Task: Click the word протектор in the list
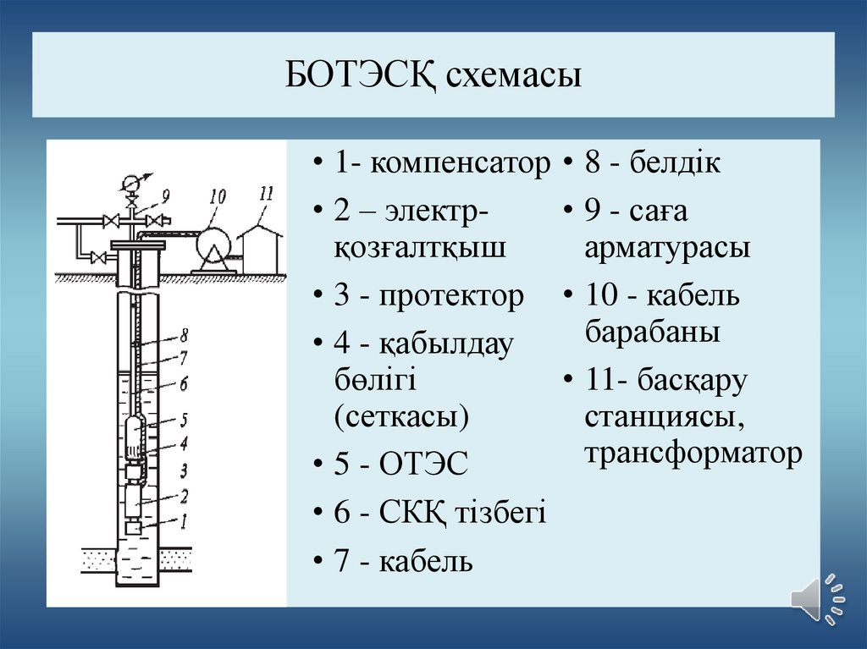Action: [451, 296]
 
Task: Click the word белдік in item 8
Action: [675, 162]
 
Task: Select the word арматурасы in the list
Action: [667, 249]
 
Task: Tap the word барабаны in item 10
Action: [652, 332]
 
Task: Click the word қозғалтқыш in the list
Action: [420, 249]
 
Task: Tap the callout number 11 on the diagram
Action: [266, 193]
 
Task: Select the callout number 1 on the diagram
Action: [181, 521]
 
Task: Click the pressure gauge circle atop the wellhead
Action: [132, 182]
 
